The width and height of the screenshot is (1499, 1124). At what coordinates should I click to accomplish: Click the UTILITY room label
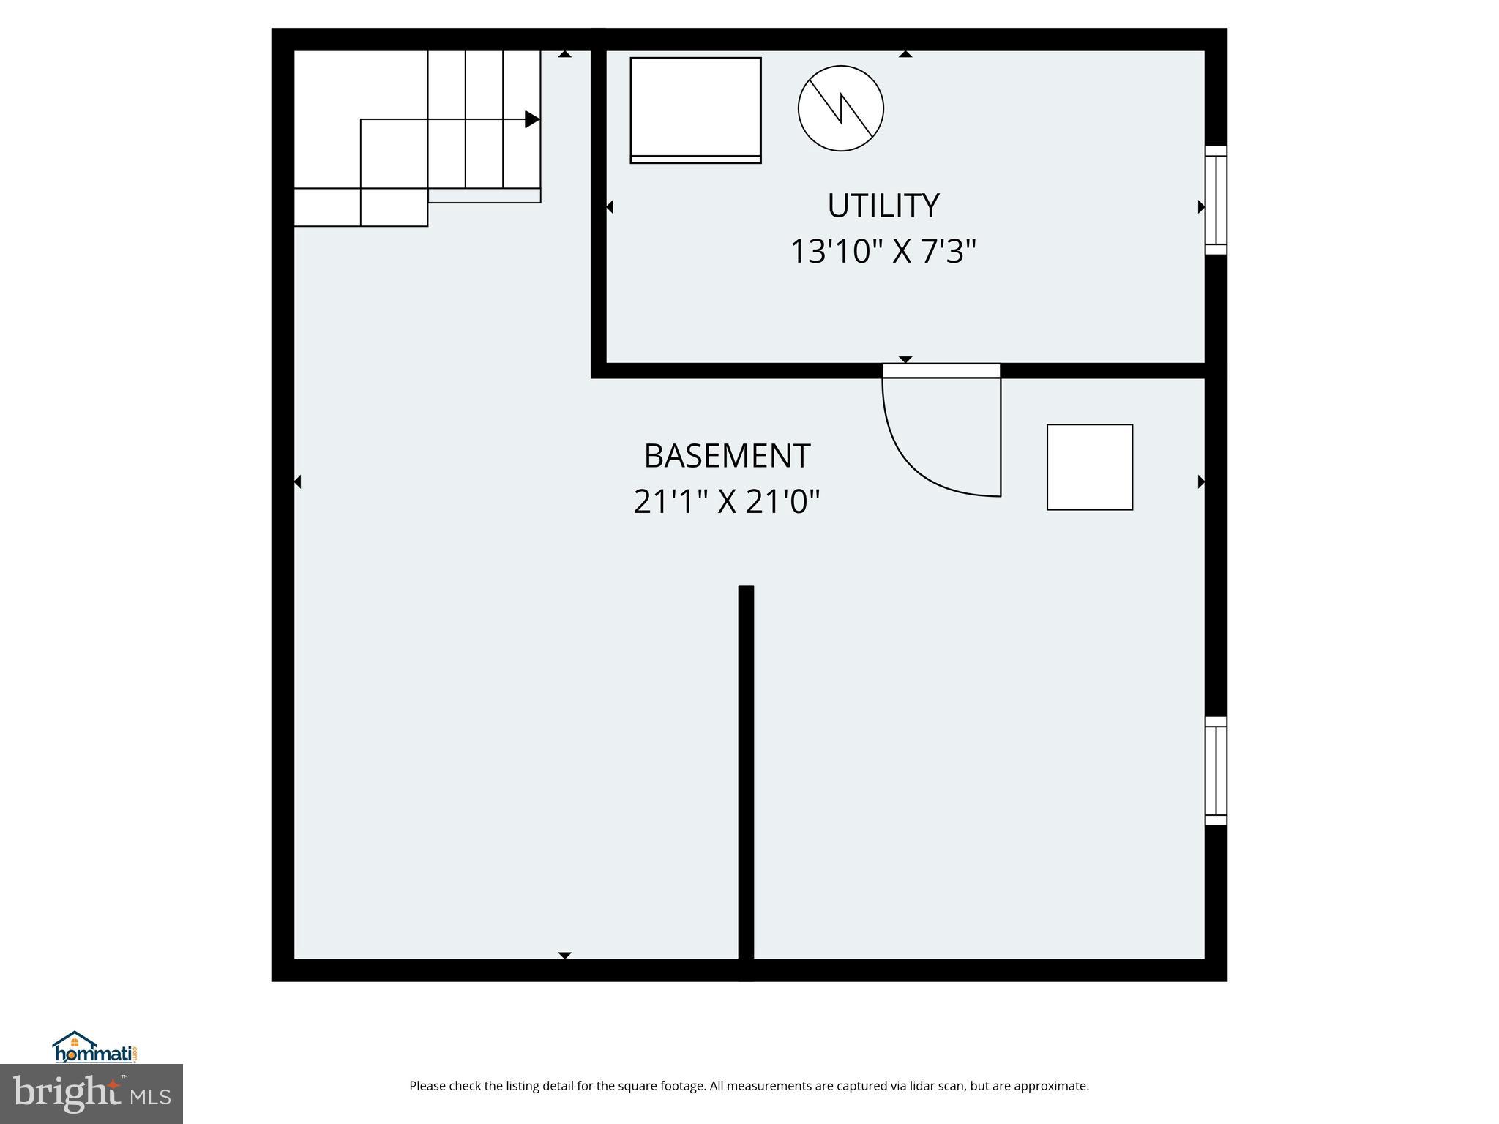[883, 206]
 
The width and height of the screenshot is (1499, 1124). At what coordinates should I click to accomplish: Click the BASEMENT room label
[727, 457]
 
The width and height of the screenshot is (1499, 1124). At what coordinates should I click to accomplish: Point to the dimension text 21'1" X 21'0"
[726, 503]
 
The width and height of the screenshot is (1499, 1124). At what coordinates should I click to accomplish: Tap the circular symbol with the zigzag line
[840, 108]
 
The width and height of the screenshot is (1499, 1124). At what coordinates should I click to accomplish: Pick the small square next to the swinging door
[1089, 467]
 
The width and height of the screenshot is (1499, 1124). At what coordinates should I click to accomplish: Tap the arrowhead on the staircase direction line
[532, 119]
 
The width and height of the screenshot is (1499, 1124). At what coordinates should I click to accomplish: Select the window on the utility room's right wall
[1216, 200]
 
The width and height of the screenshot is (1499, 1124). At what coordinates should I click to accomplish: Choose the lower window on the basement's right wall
[1216, 771]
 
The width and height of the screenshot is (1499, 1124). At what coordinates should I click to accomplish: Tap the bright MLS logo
[91, 1094]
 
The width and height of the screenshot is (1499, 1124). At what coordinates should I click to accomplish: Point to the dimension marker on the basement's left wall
[298, 482]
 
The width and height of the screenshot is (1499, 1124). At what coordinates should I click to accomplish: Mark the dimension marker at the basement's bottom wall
[564, 955]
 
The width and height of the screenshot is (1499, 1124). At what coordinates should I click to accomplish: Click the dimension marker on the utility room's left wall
[609, 207]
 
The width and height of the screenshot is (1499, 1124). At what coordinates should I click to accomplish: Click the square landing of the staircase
[394, 154]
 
